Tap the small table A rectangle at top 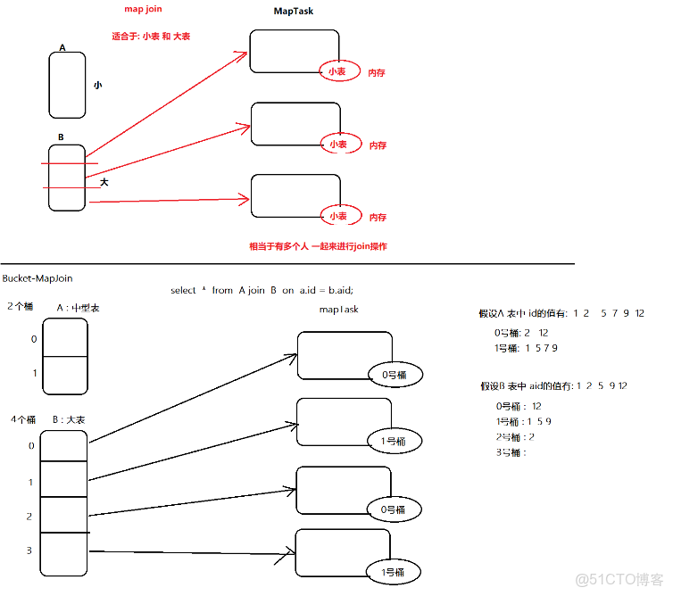tap(67, 85)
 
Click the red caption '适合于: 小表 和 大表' tap(151, 37)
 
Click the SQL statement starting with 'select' tap(268, 291)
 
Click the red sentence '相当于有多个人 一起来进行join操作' tap(318, 246)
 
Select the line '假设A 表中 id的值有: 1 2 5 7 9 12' tap(561, 313)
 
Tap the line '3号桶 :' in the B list tap(511, 452)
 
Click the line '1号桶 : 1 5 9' tap(523, 420)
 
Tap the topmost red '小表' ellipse tap(336, 70)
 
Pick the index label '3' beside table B tap(29, 550)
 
